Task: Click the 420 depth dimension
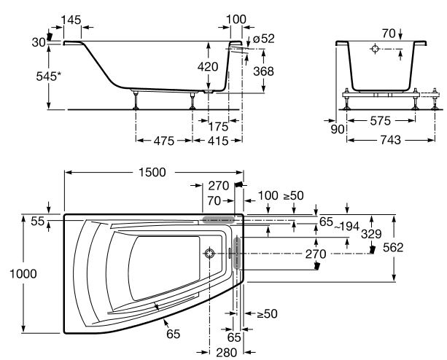(x=209, y=67)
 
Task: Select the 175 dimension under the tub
(x=218, y=126)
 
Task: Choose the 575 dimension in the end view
(x=379, y=120)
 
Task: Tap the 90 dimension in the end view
(x=336, y=129)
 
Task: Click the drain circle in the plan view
(x=211, y=254)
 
